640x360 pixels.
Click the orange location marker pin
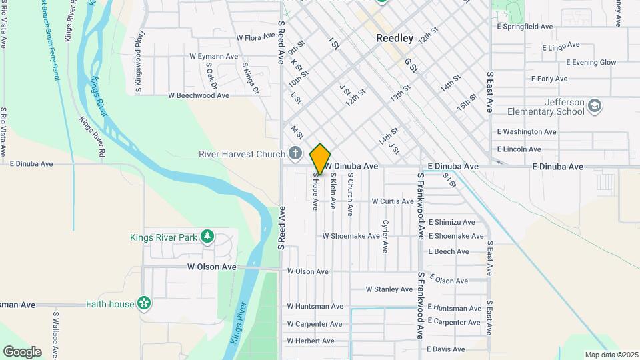pyautogui.click(x=320, y=159)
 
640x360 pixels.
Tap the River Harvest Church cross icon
pyautogui.click(x=295, y=154)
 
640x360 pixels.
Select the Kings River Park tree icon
pyautogui.click(x=207, y=237)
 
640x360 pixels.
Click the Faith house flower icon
pyautogui.click(x=144, y=304)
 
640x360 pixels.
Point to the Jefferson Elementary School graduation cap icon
pyautogui.click(x=595, y=106)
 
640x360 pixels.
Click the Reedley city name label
pyautogui.click(x=395, y=38)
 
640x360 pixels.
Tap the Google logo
pyautogui.click(x=22, y=351)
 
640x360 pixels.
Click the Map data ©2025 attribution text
pyautogui.click(x=611, y=355)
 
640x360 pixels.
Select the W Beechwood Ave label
pyautogui.click(x=199, y=95)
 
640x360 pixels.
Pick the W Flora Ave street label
pyautogui.click(x=255, y=38)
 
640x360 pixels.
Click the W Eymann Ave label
pyautogui.click(x=214, y=57)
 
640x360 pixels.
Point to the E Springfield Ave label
pyautogui.click(x=525, y=27)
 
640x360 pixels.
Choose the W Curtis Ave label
pyautogui.click(x=393, y=201)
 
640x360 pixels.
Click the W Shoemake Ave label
pyautogui.click(x=351, y=236)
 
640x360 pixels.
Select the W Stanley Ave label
pyautogui.click(x=389, y=289)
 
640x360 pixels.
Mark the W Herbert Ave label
pyautogui.click(x=311, y=341)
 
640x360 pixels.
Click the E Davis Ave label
pyautogui.click(x=451, y=349)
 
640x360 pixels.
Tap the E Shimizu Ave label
pyautogui.click(x=451, y=222)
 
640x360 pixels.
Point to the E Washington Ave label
pyautogui.click(x=527, y=132)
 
